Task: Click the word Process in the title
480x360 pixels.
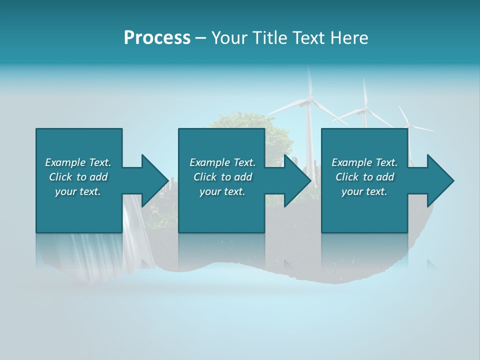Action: [x=157, y=38]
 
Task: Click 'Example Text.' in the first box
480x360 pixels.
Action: [x=78, y=162]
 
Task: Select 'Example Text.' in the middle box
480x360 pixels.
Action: [x=222, y=162]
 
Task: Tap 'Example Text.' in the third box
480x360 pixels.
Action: [x=364, y=162]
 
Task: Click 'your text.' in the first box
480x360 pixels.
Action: [x=78, y=191]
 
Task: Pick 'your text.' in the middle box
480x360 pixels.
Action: [x=222, y=191]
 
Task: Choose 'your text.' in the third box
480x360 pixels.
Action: [x=364, y=191]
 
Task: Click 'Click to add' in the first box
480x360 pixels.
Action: [x=78, y=177]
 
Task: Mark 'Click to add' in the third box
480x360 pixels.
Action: [x=364, y=177]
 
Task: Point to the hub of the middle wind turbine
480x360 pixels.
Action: [x=365, y=108]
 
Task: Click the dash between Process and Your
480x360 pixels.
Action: [x=201, y=38]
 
